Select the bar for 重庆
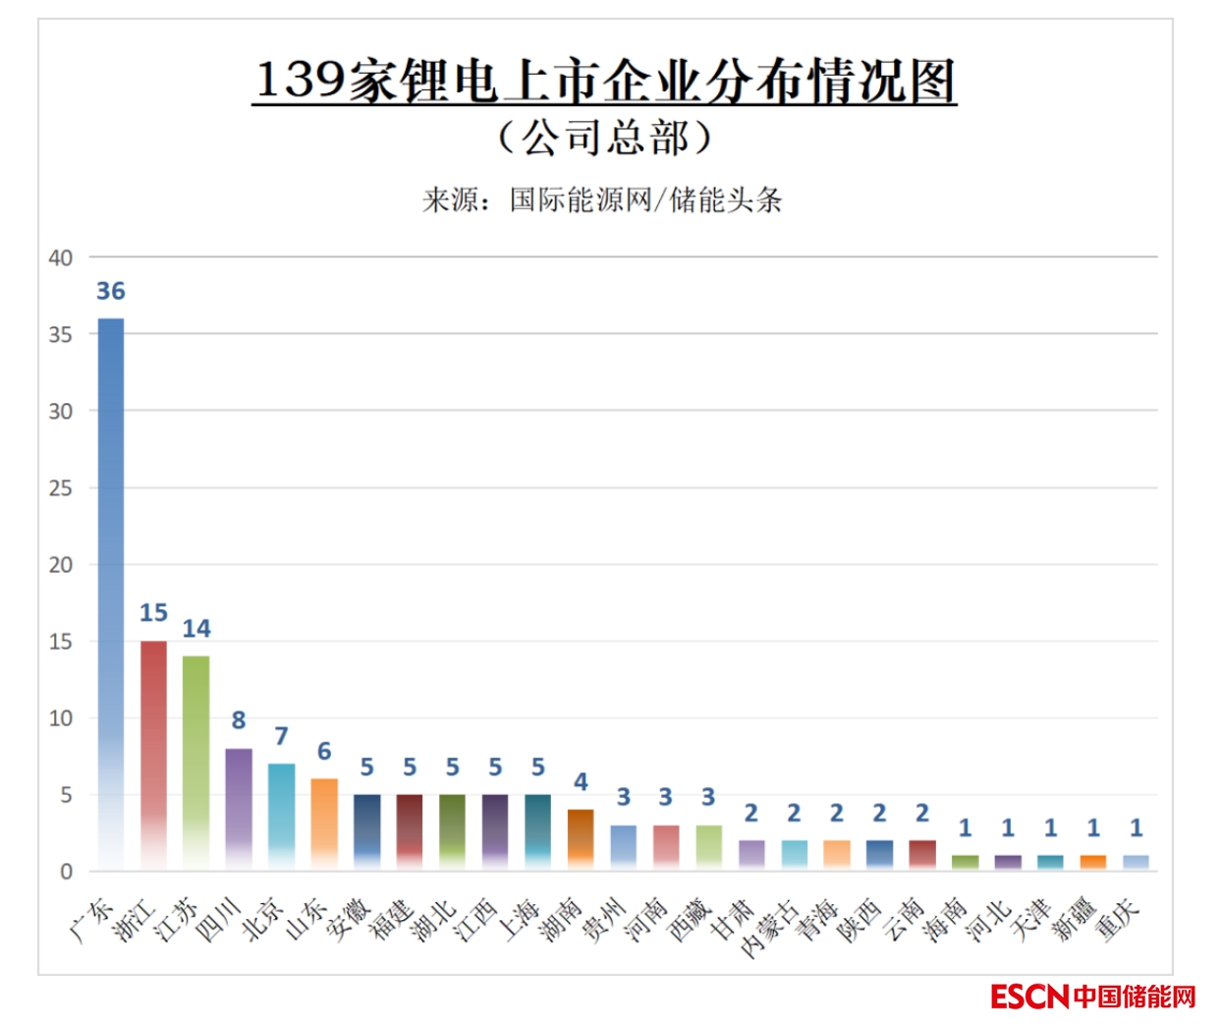pyautogui.click(x=1136, y=862)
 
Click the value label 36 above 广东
pyautogui.click(x=110, y=291)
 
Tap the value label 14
pyautogui.click(x=195, y=628)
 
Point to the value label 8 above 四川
pyautogui.click(x=239, y=720)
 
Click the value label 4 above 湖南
pyautogui.click(x=581, y=782)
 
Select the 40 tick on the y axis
pyautogui.click(x=61, y=257)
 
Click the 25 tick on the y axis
pyautogui.click(x=61, y=487)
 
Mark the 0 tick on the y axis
pyautogui.click(x=66, y=871)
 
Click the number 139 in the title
pyautogui.click(x=301, y=80)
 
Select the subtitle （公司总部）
pyautogui.click(x=604, y=138)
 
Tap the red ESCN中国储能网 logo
pyautogui.click(x=1092, y=997)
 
